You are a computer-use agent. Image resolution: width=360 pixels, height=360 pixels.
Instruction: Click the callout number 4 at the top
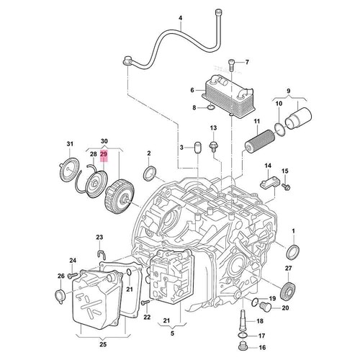point(181,17)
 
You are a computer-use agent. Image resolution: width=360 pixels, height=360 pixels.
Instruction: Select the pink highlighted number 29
point(104,154)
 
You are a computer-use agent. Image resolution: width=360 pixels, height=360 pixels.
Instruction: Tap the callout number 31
point(71,145)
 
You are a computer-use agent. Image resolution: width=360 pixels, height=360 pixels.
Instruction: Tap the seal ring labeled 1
point(293,251)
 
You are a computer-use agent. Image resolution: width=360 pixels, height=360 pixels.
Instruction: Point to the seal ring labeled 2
point(150,174)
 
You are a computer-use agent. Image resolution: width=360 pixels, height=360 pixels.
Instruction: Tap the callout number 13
point(213,128)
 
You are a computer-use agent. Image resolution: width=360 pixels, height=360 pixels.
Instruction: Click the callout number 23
point(99,237)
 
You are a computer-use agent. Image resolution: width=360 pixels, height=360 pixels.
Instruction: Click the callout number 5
point(172,334)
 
